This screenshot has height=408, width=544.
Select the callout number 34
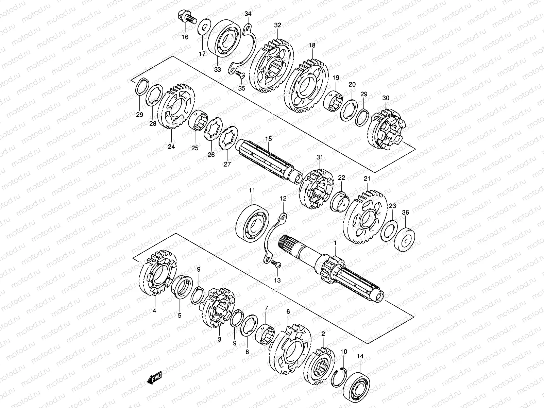[x=248, y=14]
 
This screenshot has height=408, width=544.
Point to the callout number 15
[x=269, y=139]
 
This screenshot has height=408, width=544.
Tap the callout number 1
[x=335, y=243]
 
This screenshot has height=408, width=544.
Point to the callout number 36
[x=405, y=213]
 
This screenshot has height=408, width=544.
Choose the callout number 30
[x=386, y=98]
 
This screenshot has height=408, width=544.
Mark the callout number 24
[x=171, y=147]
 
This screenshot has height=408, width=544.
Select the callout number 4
[x=154, y=310]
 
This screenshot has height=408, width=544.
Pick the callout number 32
[x=278, y=25]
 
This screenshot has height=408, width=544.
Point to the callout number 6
[x=288, y=311]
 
